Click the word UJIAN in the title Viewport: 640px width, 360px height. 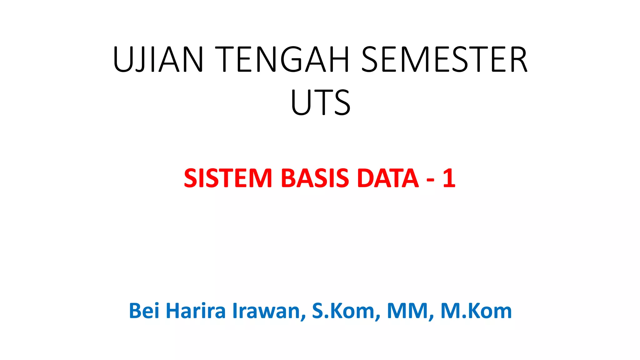(x=158, y=59)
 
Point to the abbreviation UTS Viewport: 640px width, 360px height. (x=321, y=102)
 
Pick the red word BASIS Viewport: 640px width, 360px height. (x=315, y=178)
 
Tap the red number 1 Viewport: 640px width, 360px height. (x=449, y=178)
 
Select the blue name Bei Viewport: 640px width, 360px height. (x=144, y=311)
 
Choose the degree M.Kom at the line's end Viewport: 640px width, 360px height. (x=476, y=311)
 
